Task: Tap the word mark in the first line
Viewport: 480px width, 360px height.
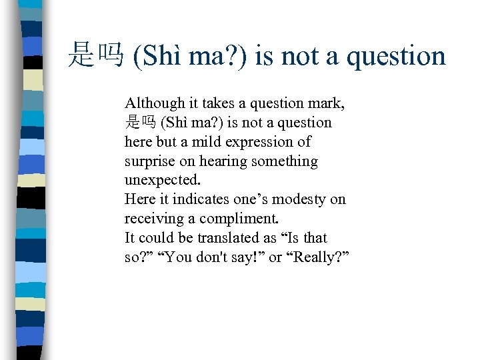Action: pos(327,103)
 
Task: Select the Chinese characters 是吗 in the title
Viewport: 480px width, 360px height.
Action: pos(95,56)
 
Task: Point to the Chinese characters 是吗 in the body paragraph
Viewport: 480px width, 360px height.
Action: pos(140,123)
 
